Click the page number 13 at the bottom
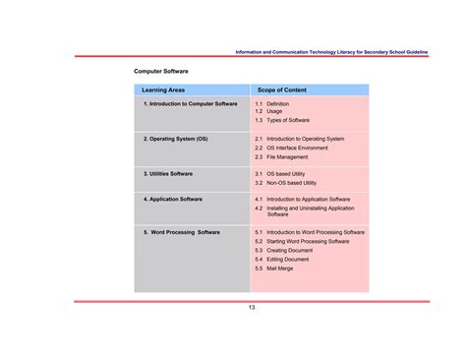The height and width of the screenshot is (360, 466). [252, 308]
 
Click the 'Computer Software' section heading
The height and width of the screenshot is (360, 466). [161, 72]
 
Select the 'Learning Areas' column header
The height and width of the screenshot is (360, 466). [163, 90]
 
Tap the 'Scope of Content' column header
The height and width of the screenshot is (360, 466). [282, 90]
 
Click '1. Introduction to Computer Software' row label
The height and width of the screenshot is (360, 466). [190, 103]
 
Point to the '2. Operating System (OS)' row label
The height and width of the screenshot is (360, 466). [176, 139]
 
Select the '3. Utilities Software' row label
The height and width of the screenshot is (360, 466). [168, 173]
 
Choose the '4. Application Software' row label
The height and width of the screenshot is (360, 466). [173, 199]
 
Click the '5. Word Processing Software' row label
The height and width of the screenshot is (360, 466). [182, 233]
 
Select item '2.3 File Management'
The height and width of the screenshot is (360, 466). [282, 156]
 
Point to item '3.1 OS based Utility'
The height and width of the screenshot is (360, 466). [282, 174]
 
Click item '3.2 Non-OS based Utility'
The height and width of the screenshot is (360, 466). [288, 183]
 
